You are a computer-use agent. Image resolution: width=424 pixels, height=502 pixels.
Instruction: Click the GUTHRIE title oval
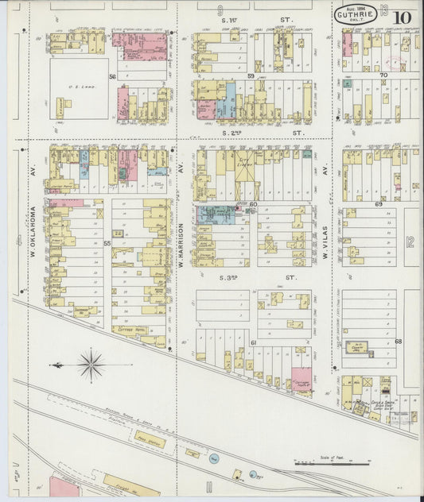point(352,14)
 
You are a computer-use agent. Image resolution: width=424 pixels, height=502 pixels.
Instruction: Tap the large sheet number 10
point(401,16)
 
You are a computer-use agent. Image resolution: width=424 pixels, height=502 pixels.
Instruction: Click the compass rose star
point(91,365)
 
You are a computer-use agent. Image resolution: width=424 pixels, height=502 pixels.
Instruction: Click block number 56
point(112,76)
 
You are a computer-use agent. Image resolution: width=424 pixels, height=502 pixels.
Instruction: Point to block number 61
point(253,342)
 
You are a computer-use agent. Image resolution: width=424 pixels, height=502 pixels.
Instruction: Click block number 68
point(398,342)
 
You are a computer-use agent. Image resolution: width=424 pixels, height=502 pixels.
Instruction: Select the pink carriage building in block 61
point(301,379)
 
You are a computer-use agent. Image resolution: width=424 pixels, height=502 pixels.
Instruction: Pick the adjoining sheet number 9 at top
point(220,10)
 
